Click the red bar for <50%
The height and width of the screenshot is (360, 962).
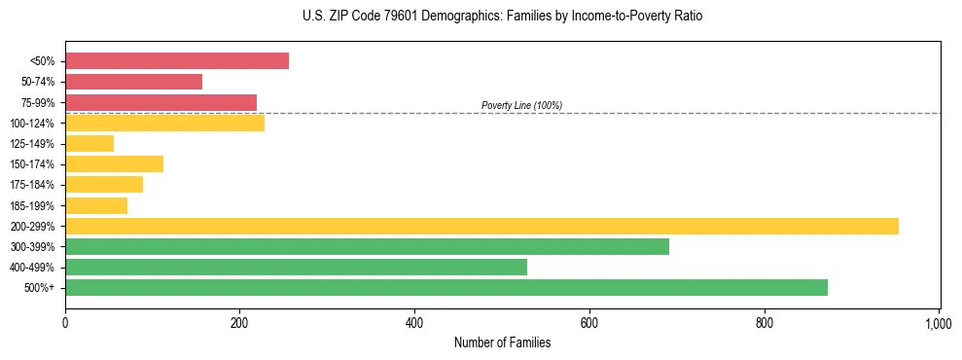point(177,61)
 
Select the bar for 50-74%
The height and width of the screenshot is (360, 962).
point(134,82)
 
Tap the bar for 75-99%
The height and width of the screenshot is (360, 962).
point(161,102)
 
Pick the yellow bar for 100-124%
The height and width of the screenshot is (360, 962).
point(165,123)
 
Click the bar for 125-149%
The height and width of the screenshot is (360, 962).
point(89,144)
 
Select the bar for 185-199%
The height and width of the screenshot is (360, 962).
point(96,205)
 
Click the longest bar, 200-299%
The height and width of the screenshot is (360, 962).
point(481,226)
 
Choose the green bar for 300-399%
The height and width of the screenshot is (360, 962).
point(368,246)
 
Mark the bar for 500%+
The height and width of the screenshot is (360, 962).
point(446,287)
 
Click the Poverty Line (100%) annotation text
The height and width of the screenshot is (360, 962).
point(521,105)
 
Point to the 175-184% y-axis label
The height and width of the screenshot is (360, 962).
point(32,185)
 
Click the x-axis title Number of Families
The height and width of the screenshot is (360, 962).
point(502,342)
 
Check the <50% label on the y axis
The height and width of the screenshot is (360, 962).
point(43,61)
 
